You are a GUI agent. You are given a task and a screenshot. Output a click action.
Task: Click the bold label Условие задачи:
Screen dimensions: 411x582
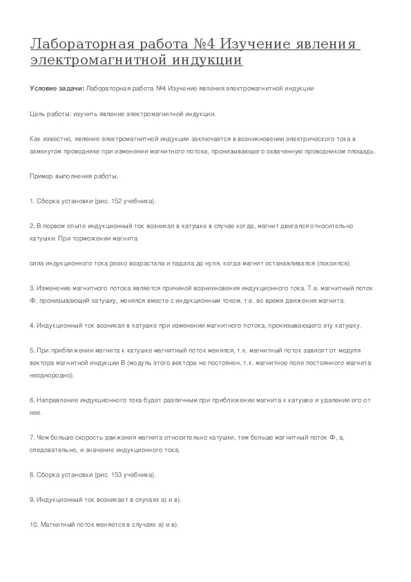coord(58,89)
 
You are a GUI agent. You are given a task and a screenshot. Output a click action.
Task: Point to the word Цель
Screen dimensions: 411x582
coord(38,113)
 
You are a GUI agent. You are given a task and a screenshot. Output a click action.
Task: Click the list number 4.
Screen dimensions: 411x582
coord(32,326)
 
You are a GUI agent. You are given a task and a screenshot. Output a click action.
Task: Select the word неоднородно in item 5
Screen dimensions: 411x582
coord(54,375)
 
